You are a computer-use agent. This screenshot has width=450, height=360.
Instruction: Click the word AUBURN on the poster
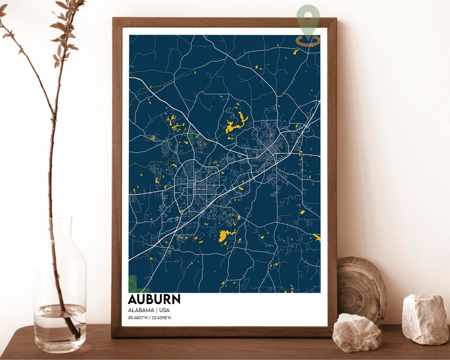click(x=154, y=300)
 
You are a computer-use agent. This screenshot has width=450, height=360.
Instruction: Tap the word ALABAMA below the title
click(x=141, y=310)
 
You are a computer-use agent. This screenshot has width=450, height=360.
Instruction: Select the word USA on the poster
click(x=164, y=310)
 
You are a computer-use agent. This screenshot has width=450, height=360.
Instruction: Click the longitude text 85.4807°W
click(x=138, y=318)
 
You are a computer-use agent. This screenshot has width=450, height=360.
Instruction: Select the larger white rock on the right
click(x=425, y=320)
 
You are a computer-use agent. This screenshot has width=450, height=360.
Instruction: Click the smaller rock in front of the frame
click(x=357, y=332)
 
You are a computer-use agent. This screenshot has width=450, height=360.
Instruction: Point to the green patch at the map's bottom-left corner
click(x=134, y=283)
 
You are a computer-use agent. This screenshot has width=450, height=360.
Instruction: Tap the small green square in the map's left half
click(x=191, y=136)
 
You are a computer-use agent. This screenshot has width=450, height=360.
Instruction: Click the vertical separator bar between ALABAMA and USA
click(x=157, y=310)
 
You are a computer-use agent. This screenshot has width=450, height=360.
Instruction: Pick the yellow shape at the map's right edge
click(x=317, y=238)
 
